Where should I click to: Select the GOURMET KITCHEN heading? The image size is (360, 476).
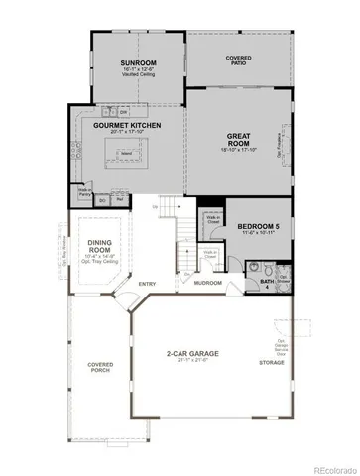pyautogui.click(x=127, y=126)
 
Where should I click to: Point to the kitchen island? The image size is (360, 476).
pyautogui.click(x=126, y=154)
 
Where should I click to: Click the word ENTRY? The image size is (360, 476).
pyautogui.click(x=149, y=285)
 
